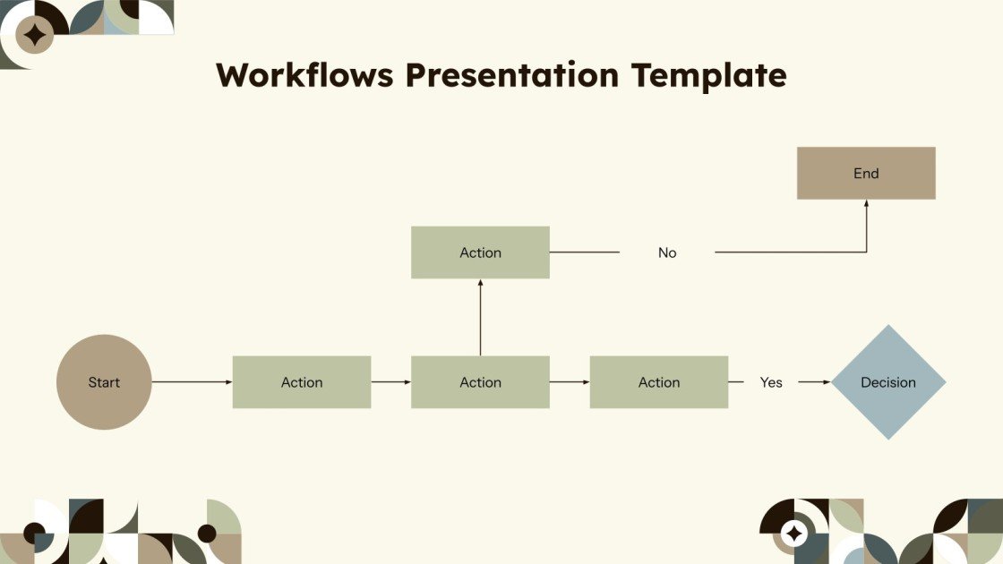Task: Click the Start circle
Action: point(104,382)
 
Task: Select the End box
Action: point(866,173)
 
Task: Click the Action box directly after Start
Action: point(302,382)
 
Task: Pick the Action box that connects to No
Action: point(480,252)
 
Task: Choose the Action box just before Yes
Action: point(659,382)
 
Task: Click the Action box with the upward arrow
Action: point(480,382)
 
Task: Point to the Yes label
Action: point(771,382)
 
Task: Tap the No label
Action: point(667,252)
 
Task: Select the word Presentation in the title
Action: point(513,75)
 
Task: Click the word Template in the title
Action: point(709,75)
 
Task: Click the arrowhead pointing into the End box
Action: point(866,204)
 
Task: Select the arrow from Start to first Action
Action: point(192,382)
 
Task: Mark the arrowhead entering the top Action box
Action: point(480,284)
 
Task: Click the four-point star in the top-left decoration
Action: point(35,35)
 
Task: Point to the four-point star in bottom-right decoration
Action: point(793,534)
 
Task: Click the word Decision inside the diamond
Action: point(888,382)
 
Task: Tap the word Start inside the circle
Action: point(104,382)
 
